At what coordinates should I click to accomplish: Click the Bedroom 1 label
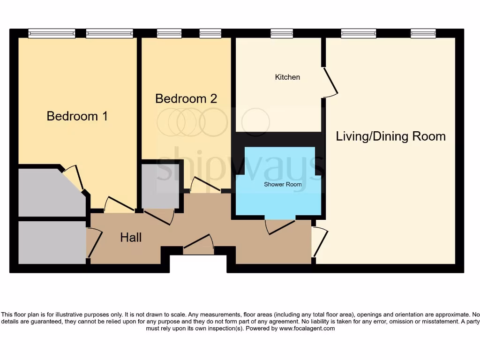click(x=77, y=116)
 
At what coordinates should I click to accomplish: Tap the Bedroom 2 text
click(x=186, y=98)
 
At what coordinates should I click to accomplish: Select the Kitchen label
click(x=287, y=77)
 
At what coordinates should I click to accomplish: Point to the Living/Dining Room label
click(x=390, y=136)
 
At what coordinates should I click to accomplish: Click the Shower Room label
click(x=283, y=184)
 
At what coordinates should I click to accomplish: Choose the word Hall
click(x=131, y=237)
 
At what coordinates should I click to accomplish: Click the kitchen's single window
click(x=282, y=33)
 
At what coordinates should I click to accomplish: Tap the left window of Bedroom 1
click(x=52, y=33)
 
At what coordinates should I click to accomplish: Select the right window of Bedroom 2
click(x=210, y=33)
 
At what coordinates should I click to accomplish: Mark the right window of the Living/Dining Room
click(x=423, y=33)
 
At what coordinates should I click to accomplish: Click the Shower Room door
click(x=280, y=226)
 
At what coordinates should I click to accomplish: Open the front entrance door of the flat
click(x=198, y=245)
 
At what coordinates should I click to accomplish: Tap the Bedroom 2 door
click(x=205, y=185)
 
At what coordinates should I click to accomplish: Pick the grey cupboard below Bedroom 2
click(x=160, y=186)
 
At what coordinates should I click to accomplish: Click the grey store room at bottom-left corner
click(x=52, y=242)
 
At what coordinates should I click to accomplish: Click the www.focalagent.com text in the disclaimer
click(x=307, y=329)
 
